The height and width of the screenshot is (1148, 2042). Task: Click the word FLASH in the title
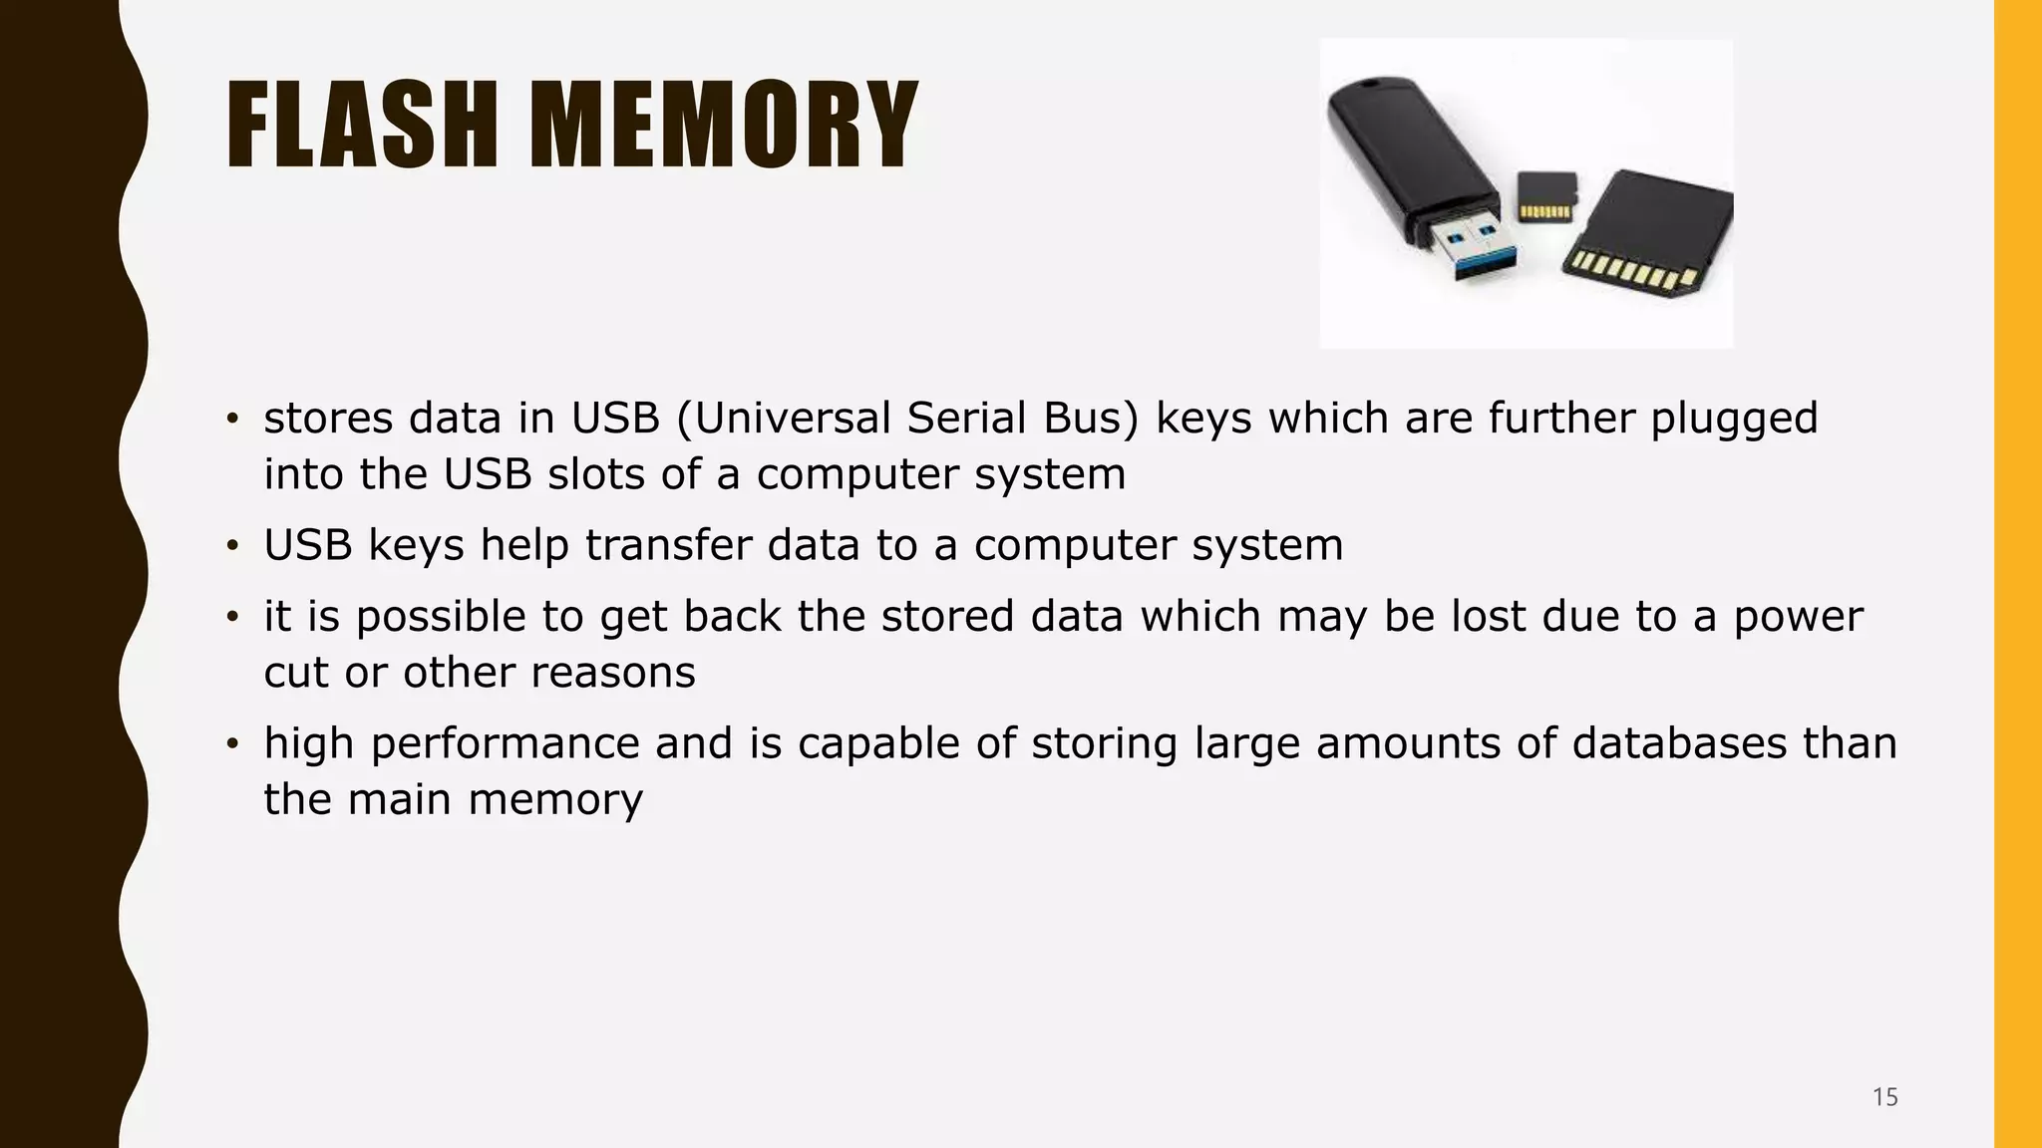tap(361, 126)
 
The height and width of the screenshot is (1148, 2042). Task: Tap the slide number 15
tap(1884, 1097)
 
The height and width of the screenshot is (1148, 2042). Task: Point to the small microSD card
tap(1546, 196)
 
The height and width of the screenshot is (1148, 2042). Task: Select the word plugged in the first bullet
tap(1734, 419)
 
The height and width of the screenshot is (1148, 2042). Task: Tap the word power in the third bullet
tap(1798, 617)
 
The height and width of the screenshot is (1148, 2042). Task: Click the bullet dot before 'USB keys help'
tap(232, 546)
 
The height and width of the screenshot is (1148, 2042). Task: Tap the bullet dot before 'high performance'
tap(232, 744)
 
